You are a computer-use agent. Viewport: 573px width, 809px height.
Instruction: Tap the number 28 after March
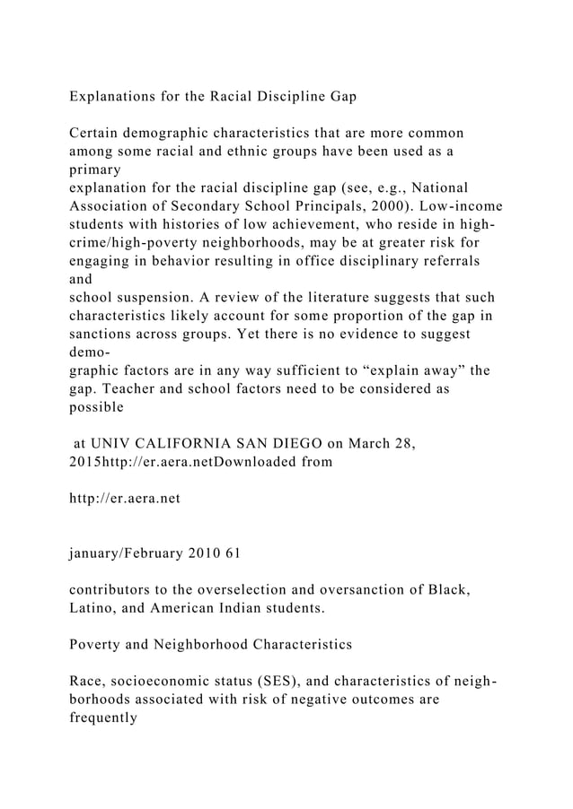click(401, 442)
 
